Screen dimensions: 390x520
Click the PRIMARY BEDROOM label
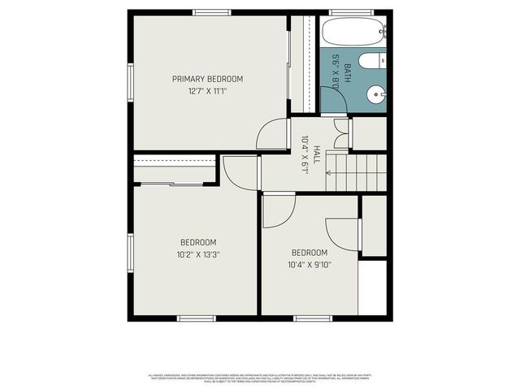coord(207,79)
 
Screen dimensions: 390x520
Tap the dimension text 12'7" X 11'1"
coord(207,92)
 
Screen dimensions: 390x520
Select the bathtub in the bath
coord(353,33)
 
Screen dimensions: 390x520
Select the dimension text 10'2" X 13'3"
coord(198,254)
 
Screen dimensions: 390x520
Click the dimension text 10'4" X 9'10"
coord(310,264)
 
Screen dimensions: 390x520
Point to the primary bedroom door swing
coord(275,134)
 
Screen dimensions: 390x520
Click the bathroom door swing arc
coord(333,100)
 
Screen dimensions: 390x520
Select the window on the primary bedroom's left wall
coord(130,82)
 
